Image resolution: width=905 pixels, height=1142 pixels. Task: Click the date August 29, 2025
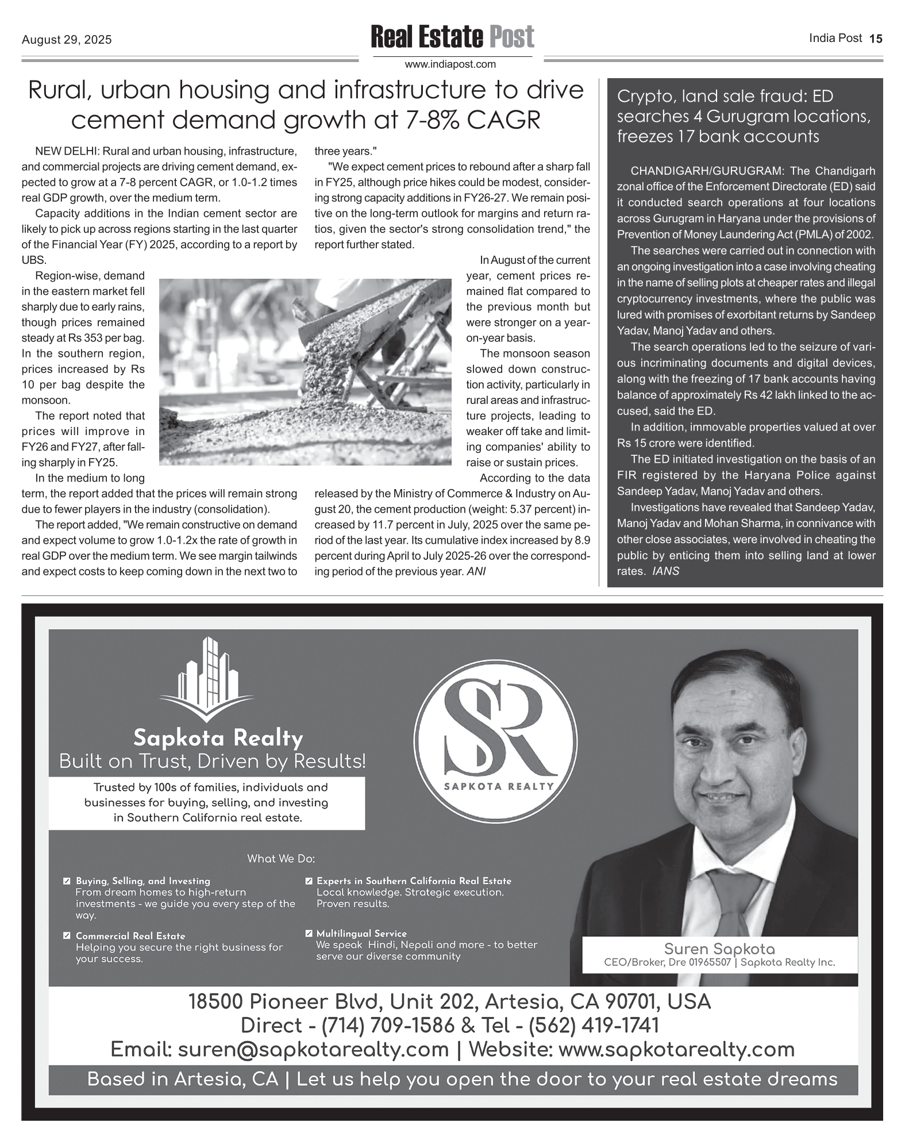pos(67,40)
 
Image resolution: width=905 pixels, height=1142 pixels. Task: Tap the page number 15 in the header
pos(875,39)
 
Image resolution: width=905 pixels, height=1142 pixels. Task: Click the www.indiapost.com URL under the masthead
pos(450,64)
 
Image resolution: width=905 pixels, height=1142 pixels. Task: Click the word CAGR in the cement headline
pos(503,120)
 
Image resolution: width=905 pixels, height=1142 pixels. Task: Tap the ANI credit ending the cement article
pos(476,572)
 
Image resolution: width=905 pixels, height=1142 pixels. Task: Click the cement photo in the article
pos(305,371)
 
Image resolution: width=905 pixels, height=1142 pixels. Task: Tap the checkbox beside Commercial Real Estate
pos(67,936)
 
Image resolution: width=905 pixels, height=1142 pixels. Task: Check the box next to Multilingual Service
pos(309,933)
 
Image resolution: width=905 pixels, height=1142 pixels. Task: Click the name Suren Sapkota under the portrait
pos(719,949)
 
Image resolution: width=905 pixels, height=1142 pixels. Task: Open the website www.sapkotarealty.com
pos(676,1049)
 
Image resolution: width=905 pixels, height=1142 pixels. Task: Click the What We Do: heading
pos(281,859)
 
